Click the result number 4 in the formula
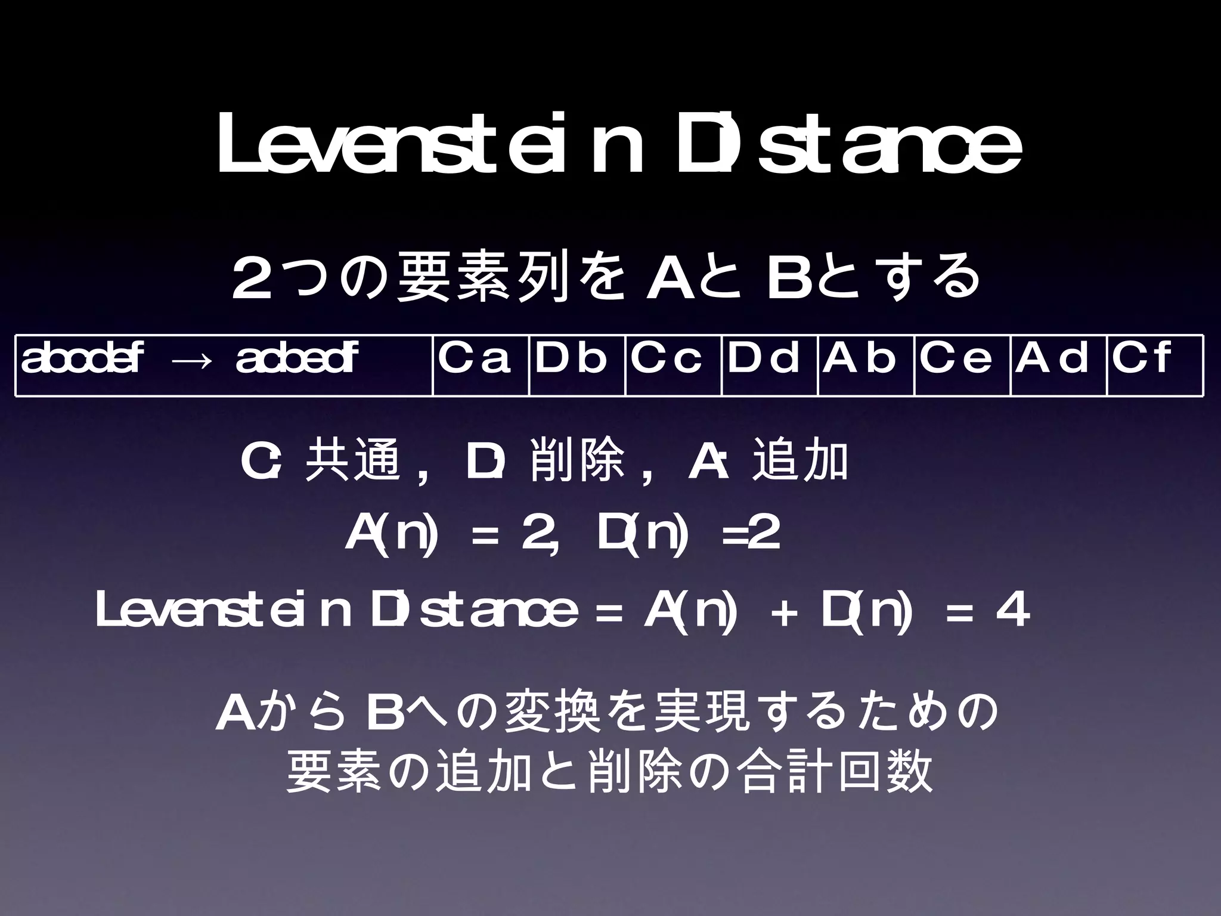coord(1014,611)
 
